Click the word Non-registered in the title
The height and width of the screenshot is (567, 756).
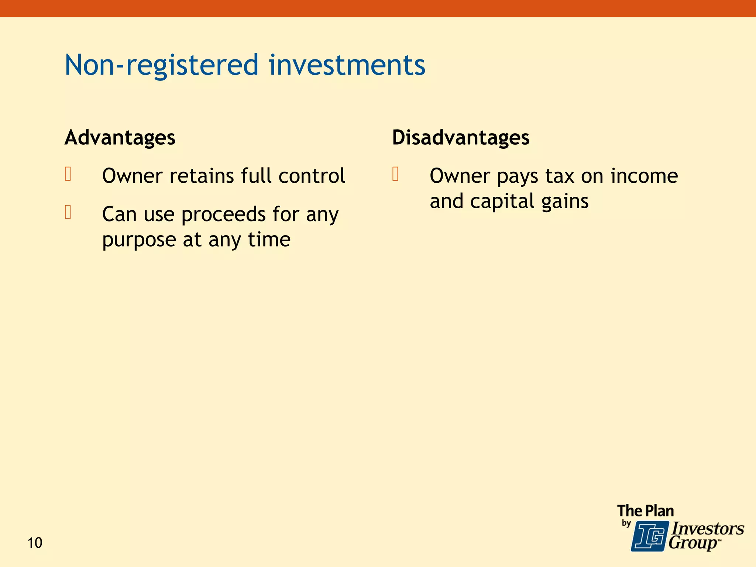[x=161, y=65]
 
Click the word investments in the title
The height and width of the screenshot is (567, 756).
[x=347, y=65]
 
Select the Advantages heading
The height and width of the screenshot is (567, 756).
[x=120, y=138]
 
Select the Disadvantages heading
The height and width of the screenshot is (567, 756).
[x=461, y=138]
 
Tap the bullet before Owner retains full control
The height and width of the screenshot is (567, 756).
[x=68, y=174]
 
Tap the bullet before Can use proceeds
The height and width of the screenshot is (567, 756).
[x=68, y=212]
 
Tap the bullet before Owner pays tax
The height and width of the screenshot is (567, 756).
[x=395, y=174]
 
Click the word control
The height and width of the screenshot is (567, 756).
[x=312, y=176]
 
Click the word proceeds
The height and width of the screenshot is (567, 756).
[x=223, y=215]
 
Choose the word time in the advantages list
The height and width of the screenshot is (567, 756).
[x=269, y=240]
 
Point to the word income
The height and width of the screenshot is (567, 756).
[x=644, y=176]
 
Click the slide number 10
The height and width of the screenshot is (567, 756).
[x=35, y=543]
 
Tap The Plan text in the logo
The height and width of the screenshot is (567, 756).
[x=645, y=511]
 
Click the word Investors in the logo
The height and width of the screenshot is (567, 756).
[x=707, y=529]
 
